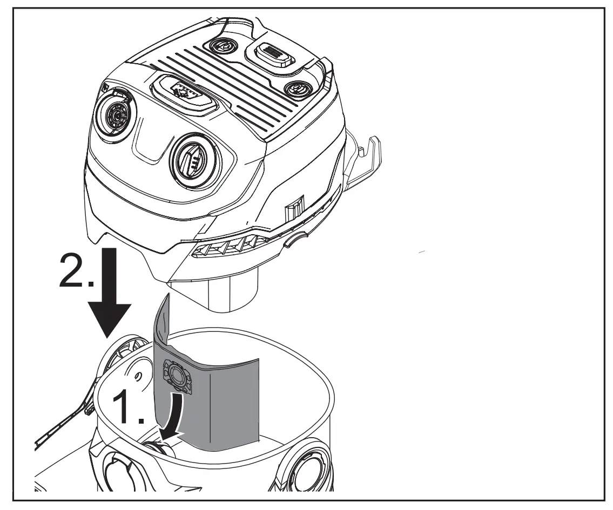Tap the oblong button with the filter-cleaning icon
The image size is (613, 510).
tap(185, 91)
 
